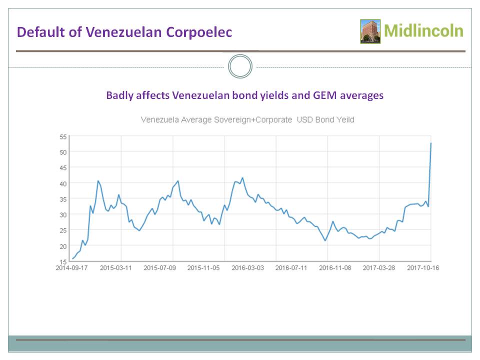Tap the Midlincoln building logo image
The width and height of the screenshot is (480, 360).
(370, 31)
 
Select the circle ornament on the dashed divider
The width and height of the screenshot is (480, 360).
(240, 66)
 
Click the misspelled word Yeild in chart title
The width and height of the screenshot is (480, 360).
(344, 120)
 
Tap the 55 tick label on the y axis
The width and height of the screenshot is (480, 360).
(63, 136)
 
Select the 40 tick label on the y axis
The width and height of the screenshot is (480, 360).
(63, 183)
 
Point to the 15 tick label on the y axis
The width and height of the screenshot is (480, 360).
(63, 261)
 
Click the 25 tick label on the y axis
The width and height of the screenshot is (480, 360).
(63, 230)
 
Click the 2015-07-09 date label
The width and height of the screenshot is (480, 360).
(160, 268)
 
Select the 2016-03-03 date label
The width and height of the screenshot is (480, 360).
(247, 268)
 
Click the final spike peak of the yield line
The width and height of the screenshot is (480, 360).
(431, 143)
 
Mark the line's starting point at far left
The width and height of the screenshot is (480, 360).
(72, 258)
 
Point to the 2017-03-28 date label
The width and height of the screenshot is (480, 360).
(378, 268)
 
